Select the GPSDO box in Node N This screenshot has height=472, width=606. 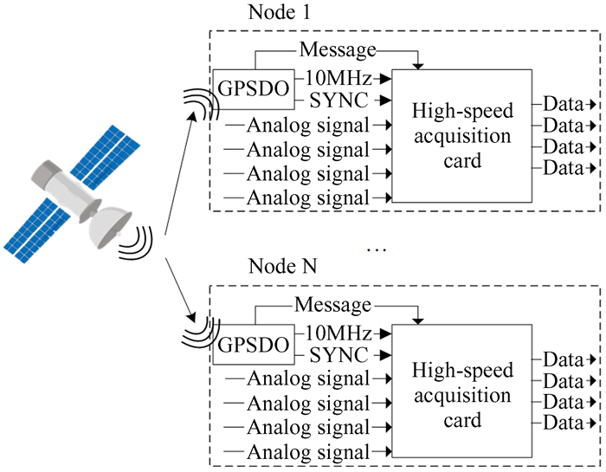(x=252, y=345)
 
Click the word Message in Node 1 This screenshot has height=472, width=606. (x=338, y=50)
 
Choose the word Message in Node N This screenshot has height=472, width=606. (x=333, y=305)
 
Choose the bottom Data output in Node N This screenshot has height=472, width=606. (x=563, y=423)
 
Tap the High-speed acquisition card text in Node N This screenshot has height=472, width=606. (x=462, y=395)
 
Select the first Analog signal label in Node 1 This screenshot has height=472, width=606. (x=308, y=126)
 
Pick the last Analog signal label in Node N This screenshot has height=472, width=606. (x=308, y=451)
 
